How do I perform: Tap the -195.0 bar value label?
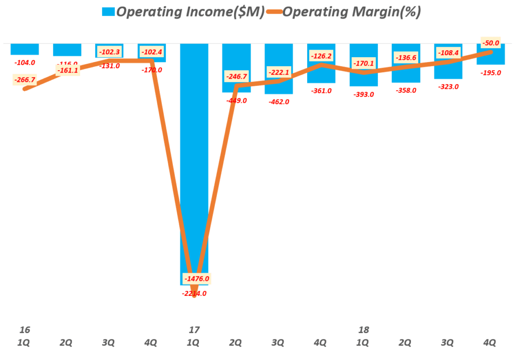click(x=490, y=73)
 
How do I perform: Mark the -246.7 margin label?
click(x=237, y=77)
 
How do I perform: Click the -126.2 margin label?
click(x=322, y=56)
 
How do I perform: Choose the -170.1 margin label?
click(x=364, y=64)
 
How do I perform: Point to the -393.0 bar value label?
click(x=363, y=94)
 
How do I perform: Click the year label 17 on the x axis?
click(x=194, y=330)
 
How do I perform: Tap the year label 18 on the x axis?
click(x=364, y=330)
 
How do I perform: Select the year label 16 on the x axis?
click(x=24, y=330)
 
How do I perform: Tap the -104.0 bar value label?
click(x=25, y=63)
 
